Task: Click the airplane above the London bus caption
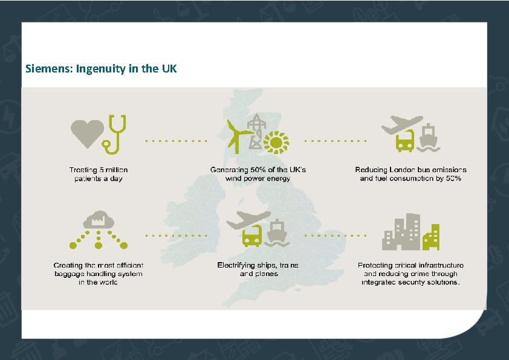click(x=399, y=126)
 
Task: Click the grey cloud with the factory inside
click(x=97, y=220)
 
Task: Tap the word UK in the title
click(x=169, y=68)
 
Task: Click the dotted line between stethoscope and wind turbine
click(x=176, y=141)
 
